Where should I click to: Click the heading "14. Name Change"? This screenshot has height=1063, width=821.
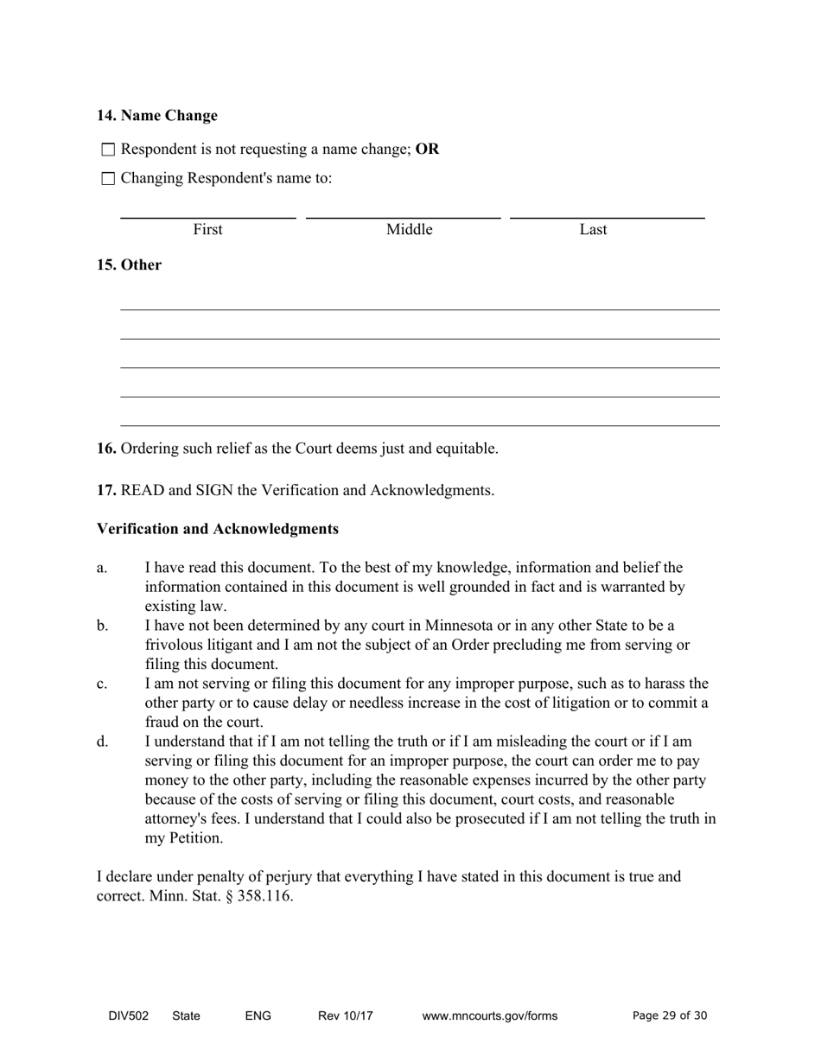156,116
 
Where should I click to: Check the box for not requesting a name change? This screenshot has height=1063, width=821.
108,150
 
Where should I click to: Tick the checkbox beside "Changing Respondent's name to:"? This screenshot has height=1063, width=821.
108,179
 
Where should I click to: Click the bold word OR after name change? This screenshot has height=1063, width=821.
427,149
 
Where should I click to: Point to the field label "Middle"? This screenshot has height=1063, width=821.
409,229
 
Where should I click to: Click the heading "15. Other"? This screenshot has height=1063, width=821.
129,265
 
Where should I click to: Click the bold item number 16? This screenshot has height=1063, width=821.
106,449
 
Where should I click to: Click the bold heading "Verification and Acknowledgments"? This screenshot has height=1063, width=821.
217,528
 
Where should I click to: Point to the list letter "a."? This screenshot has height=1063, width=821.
102,568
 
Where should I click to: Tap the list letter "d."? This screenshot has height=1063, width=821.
103,742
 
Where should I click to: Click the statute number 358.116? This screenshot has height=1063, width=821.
264,895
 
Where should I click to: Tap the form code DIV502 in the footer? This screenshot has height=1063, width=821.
128,1015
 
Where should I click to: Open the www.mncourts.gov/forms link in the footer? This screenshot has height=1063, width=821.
489,1015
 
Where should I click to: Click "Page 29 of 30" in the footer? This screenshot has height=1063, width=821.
669,1015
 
